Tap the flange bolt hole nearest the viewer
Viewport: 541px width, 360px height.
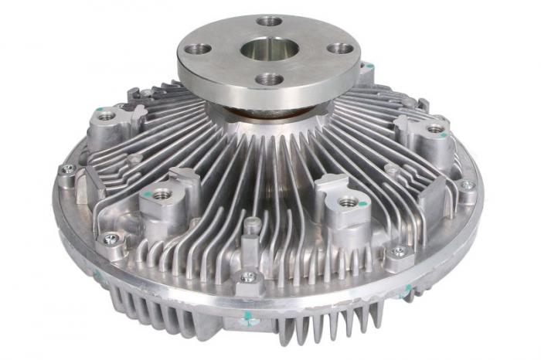click(269, 79)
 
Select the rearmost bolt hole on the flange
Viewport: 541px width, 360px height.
click(270, 21)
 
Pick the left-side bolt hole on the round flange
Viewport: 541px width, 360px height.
click(199, 49)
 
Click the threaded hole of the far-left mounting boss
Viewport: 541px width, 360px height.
click(107, 116)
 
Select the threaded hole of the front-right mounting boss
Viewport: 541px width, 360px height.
click(349, 202)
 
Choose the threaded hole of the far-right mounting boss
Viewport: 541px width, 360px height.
click(437, 129)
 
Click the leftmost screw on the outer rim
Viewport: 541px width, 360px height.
click(68, 169)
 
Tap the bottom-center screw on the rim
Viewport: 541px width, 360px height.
click(248, 277)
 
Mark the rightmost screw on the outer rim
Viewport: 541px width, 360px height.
click(466, 185)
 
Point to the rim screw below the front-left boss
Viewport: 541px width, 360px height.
click(111, 238)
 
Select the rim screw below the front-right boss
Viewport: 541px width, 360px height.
click(398, 252)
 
